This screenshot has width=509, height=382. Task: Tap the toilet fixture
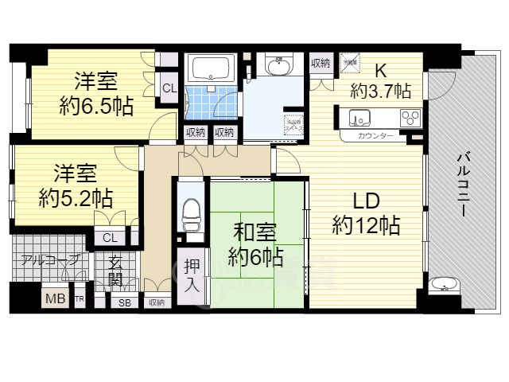pos(191,213)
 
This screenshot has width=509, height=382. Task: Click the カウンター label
pos(375,136)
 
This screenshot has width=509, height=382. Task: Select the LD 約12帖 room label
pos(365,213)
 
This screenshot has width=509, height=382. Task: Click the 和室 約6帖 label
pos(254,244)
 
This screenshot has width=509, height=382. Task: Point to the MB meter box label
pos(54,299)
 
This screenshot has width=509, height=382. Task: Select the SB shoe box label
pos(125,302)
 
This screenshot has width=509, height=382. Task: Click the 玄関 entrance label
pos(115,271)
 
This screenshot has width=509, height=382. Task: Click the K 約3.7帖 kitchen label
pos(380,80)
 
